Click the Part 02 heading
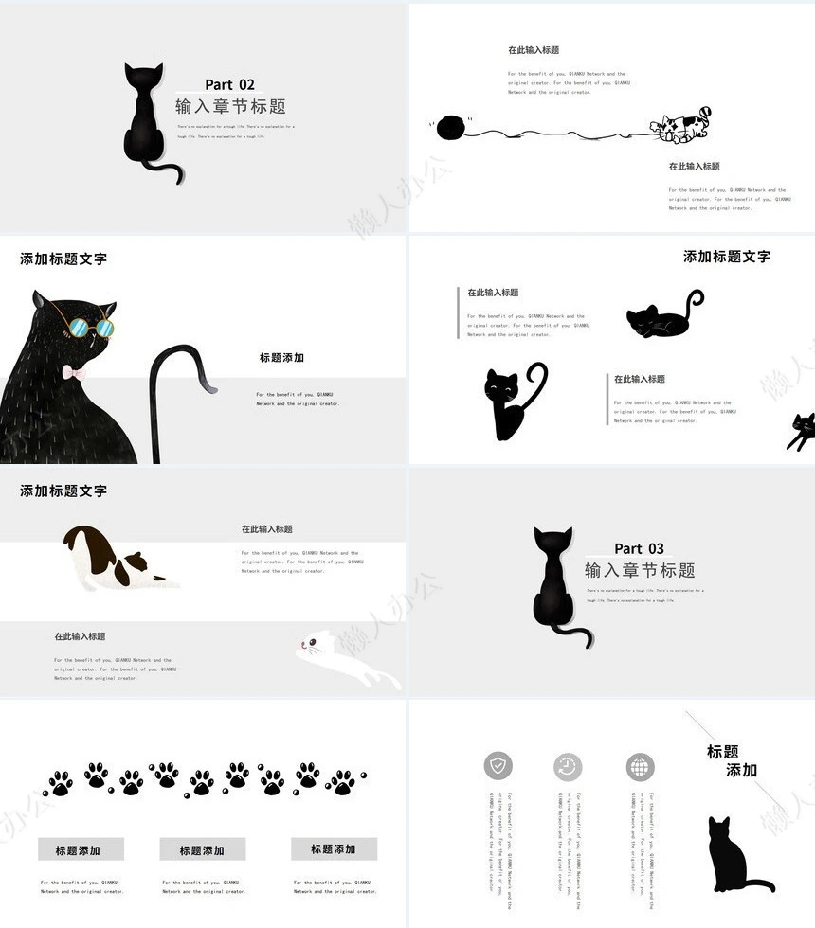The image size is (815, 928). coord(229,85)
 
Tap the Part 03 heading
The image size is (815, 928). coord(639,548)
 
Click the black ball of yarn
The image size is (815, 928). coord(451,127)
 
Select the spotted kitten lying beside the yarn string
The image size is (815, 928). coord(680,126)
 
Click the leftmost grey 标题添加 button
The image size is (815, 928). coord(81,849)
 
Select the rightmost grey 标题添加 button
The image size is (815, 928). coord(334,848)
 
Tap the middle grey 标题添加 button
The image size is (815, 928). coord(202,849)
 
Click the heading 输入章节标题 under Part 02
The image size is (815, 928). coord(230,107)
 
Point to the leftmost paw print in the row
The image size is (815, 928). coord(60,783)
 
